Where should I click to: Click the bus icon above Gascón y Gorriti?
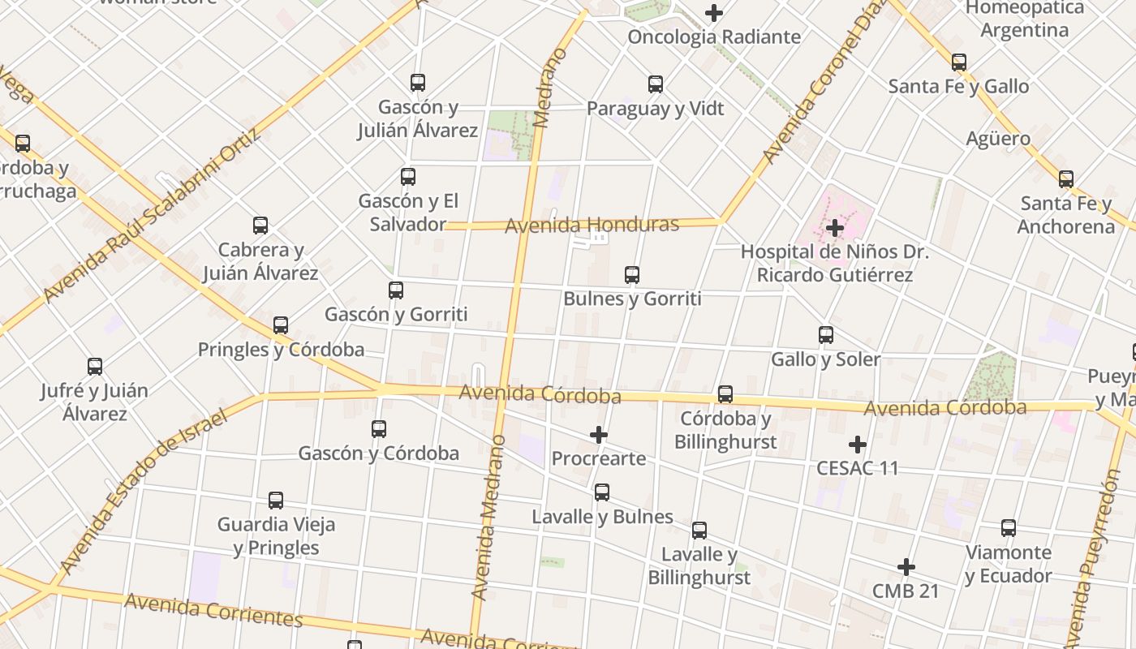[396, 290]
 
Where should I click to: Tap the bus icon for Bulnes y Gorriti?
[632, 275]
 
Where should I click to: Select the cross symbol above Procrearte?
[599, 436]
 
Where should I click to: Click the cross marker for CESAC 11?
[858, 445]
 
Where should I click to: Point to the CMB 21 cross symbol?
[906, 567]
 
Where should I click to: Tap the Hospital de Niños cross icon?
[835, 228]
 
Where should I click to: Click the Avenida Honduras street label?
[592, 225]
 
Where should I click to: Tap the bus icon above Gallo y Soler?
[826, 335]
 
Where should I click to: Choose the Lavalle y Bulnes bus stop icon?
[602, 492]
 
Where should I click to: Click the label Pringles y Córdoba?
[281, 350]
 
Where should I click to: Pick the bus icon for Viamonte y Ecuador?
[1009, 528]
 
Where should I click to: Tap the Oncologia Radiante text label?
[714, 37]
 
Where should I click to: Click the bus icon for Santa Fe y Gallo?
[959, 62]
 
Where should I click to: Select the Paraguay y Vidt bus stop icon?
[656, 84]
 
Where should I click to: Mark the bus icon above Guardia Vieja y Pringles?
[276, 501]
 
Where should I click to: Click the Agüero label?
[998, 139]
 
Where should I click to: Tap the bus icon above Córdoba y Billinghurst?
[725, 394]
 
